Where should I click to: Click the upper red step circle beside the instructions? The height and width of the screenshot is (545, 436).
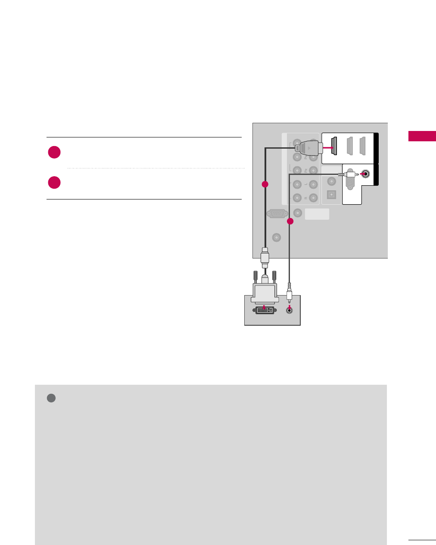tap(54, 153)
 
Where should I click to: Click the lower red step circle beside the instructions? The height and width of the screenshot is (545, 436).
tap(54, 182)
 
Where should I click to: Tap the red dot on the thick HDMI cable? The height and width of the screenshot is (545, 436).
tap(265, 184)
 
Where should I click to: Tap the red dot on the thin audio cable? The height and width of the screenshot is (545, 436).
tap(290, 221)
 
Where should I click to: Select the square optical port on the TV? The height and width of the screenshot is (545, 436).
tap(331, 194)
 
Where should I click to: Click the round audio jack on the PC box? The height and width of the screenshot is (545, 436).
tap(290, 310)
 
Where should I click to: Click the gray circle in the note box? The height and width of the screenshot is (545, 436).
tap(51, 398)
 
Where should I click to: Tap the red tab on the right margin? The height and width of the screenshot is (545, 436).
tap(422, 136)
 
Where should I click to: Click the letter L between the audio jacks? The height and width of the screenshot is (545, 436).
tap(305, 184)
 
